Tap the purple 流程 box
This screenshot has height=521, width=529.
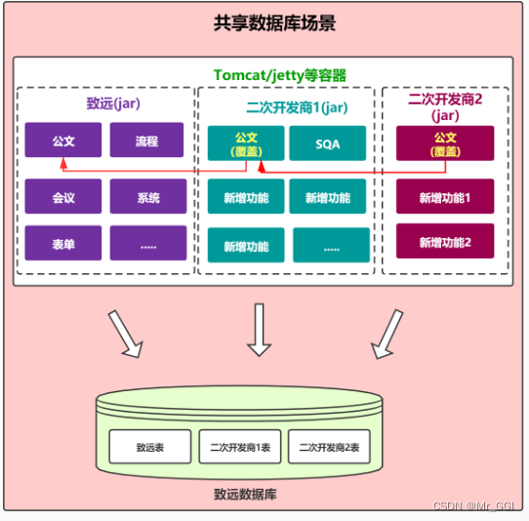click(x=147, y=141)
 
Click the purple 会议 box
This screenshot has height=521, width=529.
click(x=63, y=197)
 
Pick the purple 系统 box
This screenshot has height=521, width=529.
click(x=147, y=197)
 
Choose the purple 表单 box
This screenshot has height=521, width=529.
click(x=63, y=244)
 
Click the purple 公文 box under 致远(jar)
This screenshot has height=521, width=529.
click(x=63, y=141)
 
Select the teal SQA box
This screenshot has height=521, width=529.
click(x=328, y=143)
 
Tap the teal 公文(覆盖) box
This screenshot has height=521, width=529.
click(x=246, y=143)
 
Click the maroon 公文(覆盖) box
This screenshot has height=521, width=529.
click(x=445, y=143)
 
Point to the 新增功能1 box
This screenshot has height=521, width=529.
click(x=445, y=197)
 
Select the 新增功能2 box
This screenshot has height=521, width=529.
click(x=445, y=242)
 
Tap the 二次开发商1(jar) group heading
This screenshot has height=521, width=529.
click(x=288, y=107)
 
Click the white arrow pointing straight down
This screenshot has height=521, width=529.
click(x=259, y=329)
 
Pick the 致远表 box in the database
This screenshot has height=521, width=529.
click(x=149, y=448)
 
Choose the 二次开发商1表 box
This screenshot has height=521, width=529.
click(x=239, y=448)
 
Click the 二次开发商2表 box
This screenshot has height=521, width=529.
click(x=329, y=448)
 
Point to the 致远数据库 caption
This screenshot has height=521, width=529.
click(x=245, y=494)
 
